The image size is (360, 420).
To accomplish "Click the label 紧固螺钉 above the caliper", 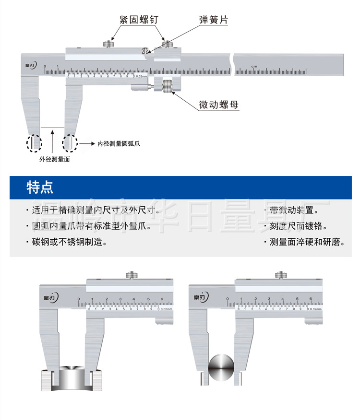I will pyautogui.click(x=139, y=20).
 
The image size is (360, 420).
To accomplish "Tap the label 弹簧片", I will pyautogui.click(x=214, y=20).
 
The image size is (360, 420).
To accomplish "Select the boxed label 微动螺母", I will pyautogui.click(x=219, y=105).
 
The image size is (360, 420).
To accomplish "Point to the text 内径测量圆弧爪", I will pyautogui.click(x=119, y=143).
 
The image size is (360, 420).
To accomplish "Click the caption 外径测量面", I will pyautogui.click(x=54, y=159).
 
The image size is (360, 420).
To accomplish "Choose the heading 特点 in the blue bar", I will pyautogui.click(x=40, y=187).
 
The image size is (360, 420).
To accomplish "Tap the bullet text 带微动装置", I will pyautogui.click(x=293, y=210).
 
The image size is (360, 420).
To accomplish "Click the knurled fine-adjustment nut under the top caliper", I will pyautogui.click(x=167, y=87).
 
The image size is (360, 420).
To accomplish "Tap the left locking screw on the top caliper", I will pyautogui.click(x=109, y=44).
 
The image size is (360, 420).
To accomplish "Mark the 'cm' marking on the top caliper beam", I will pyautogui.click(x=253, y=66).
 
